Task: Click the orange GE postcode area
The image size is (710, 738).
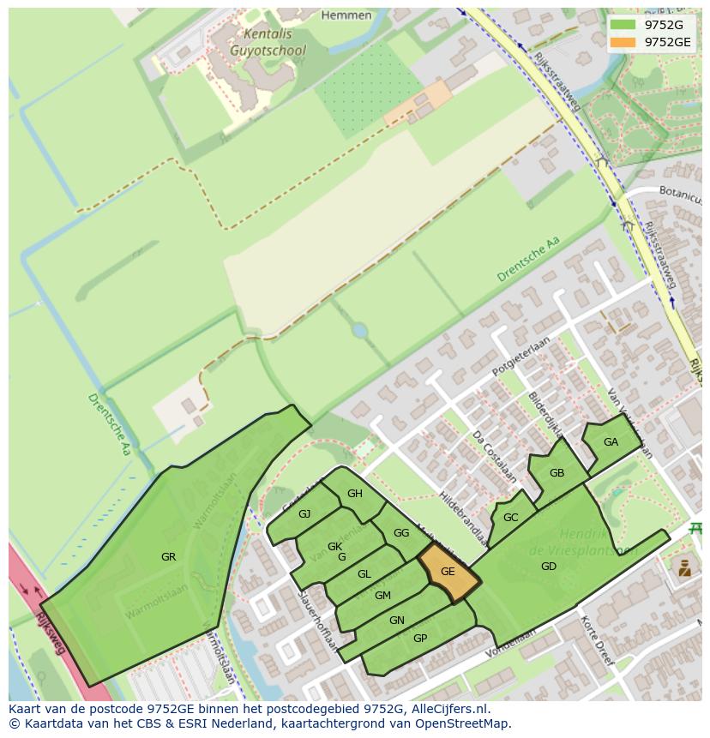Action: (x=448, y=573)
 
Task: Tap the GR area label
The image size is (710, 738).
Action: (x=168, y=557)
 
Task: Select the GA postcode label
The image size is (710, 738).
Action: (x=611, y=442)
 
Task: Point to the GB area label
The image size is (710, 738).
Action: (x=557, y=473)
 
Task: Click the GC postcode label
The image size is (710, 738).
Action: (x=510, y=518)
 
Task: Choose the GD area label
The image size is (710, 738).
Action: (x=549, y=567)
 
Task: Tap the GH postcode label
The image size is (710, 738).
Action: (x=354, y=494)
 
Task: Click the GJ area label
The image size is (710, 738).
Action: (x=304, y=514)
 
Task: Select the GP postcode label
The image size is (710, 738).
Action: (x=420, y=639)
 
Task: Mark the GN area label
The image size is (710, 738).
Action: (x=396, y=621)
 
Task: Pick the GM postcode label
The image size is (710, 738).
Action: (x=382, y=596)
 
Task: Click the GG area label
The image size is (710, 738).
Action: (x=401, y=533)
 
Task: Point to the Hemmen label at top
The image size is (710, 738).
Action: (x=346, y=15)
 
